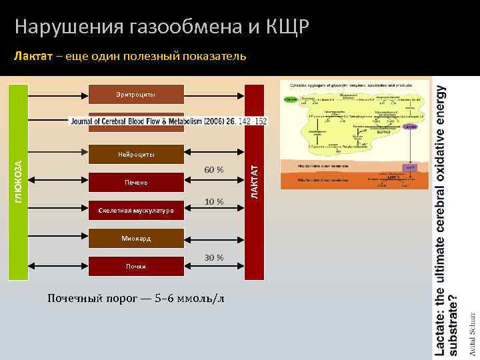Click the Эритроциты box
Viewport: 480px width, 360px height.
tap(136, 95)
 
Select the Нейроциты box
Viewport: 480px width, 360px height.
tap(136, 155)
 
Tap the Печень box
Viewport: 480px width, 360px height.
tap(136, 183)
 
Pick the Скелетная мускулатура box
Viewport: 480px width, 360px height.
tap(136, 211)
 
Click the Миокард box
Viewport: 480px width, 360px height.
tap(136, 238)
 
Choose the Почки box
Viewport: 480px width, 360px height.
tap(136, 266)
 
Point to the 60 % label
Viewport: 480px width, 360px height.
tap(214, 171)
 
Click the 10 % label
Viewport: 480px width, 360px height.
tap(214, 201)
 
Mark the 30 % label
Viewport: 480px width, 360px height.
tap(214, 257)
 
